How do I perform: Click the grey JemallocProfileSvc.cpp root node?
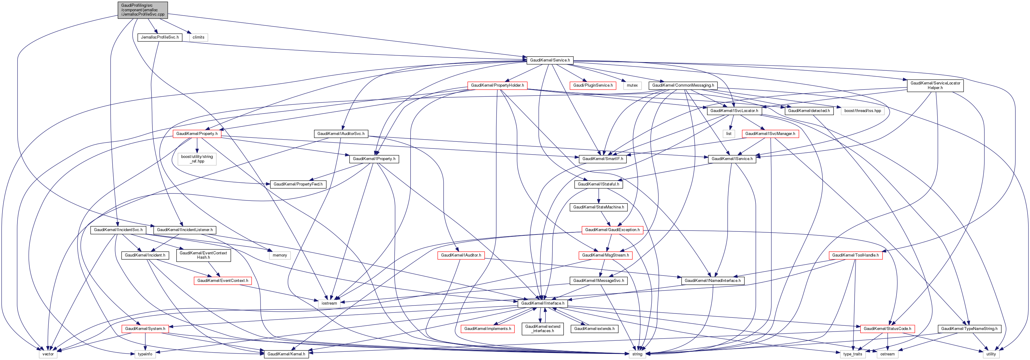click(x=143, y=10)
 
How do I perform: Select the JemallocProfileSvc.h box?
click(x=159, y=37)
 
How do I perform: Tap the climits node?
click(x=198, y=37)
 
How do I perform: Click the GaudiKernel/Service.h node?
click(x=550, y=60)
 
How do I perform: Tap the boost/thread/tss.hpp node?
click(x=863, y=111)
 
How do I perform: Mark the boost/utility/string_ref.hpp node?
click(x=197, y=159)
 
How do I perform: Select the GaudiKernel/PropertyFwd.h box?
click(x=298, y=184)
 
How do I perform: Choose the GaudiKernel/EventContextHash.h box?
click(x=203, y=255)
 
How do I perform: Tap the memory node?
click(x=279, y=255)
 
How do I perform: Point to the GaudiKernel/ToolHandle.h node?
click(x=855, y=255)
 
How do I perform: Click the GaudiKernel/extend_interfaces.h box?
click(x=543, y=329)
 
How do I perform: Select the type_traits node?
click(x=852, y=354)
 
